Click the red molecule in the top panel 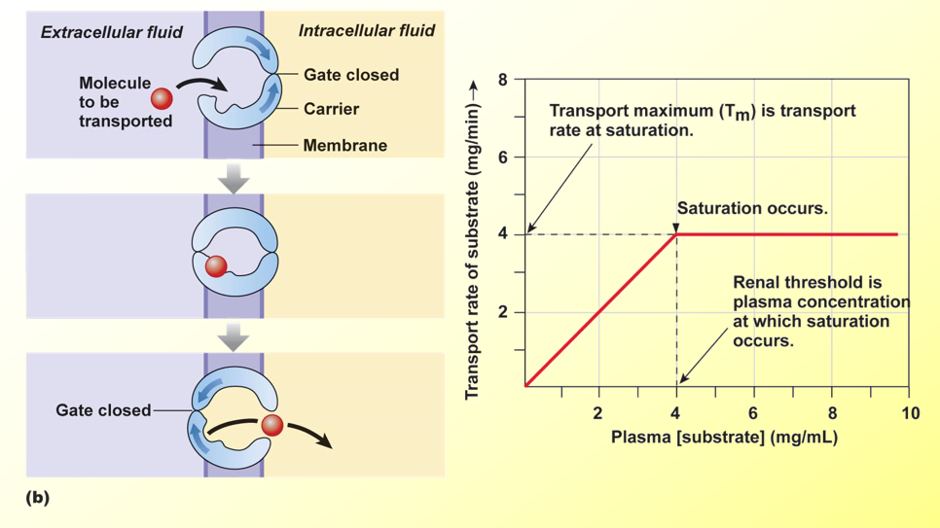[162, 98]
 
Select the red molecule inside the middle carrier [216, 265]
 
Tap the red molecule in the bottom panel [272, 425]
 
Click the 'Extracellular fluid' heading [111, 32]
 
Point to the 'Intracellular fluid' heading [366, 31]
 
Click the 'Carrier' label [331, 109]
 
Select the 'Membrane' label [344, 146]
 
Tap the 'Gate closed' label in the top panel [350, 75]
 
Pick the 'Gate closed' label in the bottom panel [103, 410]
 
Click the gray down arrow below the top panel [234, 178]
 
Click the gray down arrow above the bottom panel [234, 336]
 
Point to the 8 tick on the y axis [503, 80]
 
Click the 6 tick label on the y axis [503, 157]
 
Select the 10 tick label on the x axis [909, 413]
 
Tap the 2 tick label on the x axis [598, 413]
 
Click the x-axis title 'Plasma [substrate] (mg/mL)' [724, 438]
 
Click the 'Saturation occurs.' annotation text [751, 208]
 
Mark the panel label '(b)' [37, 498]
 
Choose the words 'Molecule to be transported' [117, 102]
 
